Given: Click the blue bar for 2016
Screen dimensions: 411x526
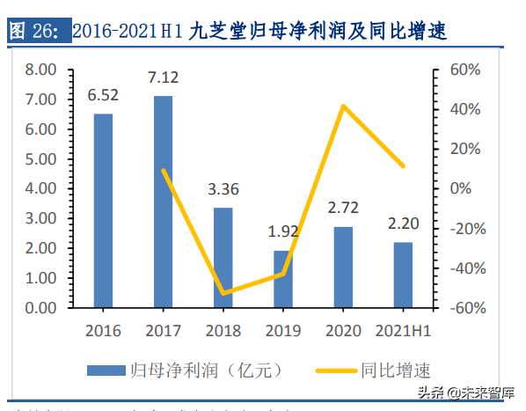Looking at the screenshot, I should pos(103,211).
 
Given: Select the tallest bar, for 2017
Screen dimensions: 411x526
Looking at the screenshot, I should pos(163,202).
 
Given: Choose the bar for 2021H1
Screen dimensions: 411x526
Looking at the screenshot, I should pos(403,275).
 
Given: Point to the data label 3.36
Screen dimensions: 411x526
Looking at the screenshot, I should pos(223,189).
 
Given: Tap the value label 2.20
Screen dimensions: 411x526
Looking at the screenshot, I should pos(403,224).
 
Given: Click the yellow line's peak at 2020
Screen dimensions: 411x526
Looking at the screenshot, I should pos(343,106).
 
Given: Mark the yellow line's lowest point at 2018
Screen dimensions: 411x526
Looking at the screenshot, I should pos(223,293).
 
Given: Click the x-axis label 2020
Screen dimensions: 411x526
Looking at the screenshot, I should pos(343,331).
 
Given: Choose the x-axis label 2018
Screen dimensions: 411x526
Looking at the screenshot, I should pos(223,331).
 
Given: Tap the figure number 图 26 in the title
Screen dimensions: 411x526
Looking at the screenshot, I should pos(33,33).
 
